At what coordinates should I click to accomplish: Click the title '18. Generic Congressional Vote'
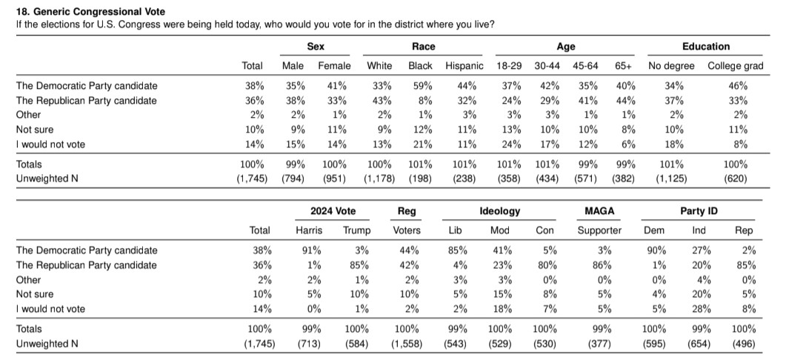tap(91, 12)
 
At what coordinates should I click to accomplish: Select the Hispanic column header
tap(465, 66)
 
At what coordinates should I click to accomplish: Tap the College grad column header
tap(735, 66)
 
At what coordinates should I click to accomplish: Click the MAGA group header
tap(599, 211)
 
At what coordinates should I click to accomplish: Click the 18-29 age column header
tap(509, 66)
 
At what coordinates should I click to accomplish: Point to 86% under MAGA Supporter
tap(599, 265)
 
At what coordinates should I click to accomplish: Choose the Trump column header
tap(357, 230)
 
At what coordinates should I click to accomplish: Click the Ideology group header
tap(499, 211)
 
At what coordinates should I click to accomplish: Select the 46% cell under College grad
tap(738, 86)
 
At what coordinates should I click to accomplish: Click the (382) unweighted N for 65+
tap(624, 179)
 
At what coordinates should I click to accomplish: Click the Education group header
tap(705, 47)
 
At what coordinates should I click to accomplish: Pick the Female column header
tap(334, 66)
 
